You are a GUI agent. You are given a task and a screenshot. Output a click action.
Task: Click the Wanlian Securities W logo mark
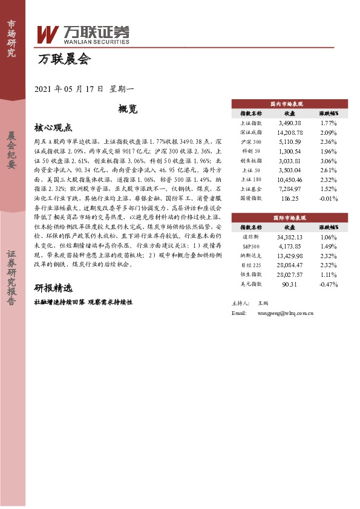pos(47,34)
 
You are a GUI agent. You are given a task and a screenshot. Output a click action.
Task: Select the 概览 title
pos(128,109)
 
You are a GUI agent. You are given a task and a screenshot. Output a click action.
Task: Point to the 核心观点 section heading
pos(53,128)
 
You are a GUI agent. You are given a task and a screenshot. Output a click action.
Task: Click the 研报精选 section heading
pos(53,288)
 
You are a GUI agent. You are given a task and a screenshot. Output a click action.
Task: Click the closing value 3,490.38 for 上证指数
pos(289,123)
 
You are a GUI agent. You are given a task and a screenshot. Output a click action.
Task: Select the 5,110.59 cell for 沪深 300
pos(289,141)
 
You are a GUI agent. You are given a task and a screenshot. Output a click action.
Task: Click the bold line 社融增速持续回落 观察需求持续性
pos(83,301)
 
